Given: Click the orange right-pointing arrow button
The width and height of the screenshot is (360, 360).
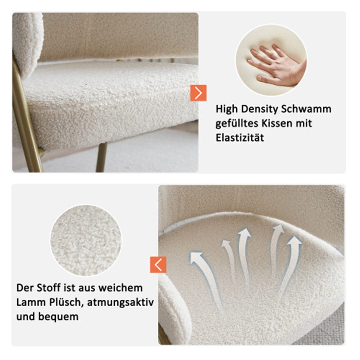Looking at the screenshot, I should click(x=198, y=93).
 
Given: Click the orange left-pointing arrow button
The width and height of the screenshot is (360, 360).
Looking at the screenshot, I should click(x=158, y=265).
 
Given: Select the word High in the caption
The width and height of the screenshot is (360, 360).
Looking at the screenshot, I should click(x=227, y=109).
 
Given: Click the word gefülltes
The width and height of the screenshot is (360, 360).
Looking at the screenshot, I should click(x=236, y=123).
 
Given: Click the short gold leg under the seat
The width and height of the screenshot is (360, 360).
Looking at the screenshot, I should click(x=101, y=157).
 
